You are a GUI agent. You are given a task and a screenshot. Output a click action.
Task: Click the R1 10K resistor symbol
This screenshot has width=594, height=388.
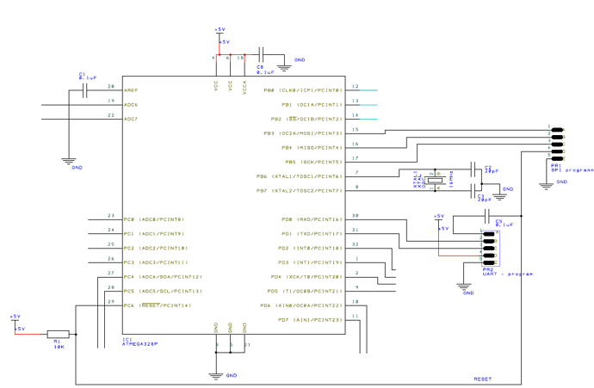pos(58,334)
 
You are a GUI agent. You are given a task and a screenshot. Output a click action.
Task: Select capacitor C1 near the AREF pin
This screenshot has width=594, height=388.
pos(84,89)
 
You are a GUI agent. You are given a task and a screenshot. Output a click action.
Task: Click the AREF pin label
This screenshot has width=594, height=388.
pos(131,89)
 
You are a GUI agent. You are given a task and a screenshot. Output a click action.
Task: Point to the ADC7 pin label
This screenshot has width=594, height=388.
pos(131,119)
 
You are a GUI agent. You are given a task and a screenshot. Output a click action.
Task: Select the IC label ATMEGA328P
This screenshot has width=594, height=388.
pos(140,344)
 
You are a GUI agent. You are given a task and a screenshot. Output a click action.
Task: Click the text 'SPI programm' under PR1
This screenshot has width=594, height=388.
pos(572,170)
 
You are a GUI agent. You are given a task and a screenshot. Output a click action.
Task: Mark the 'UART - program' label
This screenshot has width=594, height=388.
pos(508,274)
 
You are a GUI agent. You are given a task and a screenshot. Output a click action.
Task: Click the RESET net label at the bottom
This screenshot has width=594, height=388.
pos(483,379)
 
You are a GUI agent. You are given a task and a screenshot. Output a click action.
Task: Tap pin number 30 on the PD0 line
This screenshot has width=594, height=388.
pos(356,216)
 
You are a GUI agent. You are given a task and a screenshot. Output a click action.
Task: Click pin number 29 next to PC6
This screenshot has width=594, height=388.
pos(110,302)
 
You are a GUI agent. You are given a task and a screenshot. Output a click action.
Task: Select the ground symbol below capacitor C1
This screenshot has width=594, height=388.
pos(69,161)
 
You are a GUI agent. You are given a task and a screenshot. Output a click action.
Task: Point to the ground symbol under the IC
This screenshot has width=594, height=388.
pos(216,374)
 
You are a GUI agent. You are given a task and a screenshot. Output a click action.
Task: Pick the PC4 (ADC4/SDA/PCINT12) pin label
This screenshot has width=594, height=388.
pos(163,277)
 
